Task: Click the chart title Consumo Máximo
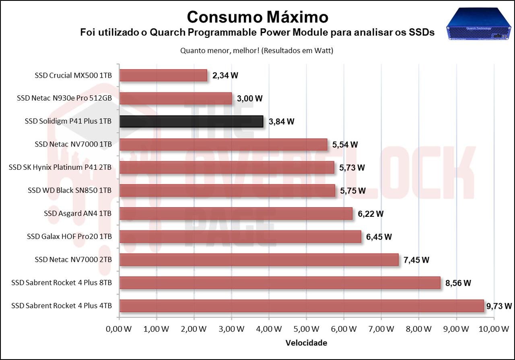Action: pos(257,17)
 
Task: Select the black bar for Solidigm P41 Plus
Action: pos(191,121)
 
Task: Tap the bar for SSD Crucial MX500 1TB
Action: pos(163,75)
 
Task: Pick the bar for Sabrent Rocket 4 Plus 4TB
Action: pos(301,306)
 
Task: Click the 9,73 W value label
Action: pos(499,306)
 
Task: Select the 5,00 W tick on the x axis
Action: pos(306,329)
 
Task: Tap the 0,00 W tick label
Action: pos(119,329)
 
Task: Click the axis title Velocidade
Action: pos(306,343)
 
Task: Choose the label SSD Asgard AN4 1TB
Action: pos(78,214)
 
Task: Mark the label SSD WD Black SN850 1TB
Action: pos(70,190)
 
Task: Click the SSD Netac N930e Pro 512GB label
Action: pos(64,98)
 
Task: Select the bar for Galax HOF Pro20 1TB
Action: pos(240,237)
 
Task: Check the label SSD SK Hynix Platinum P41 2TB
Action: pos(60,167)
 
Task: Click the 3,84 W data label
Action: pos(281,121)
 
